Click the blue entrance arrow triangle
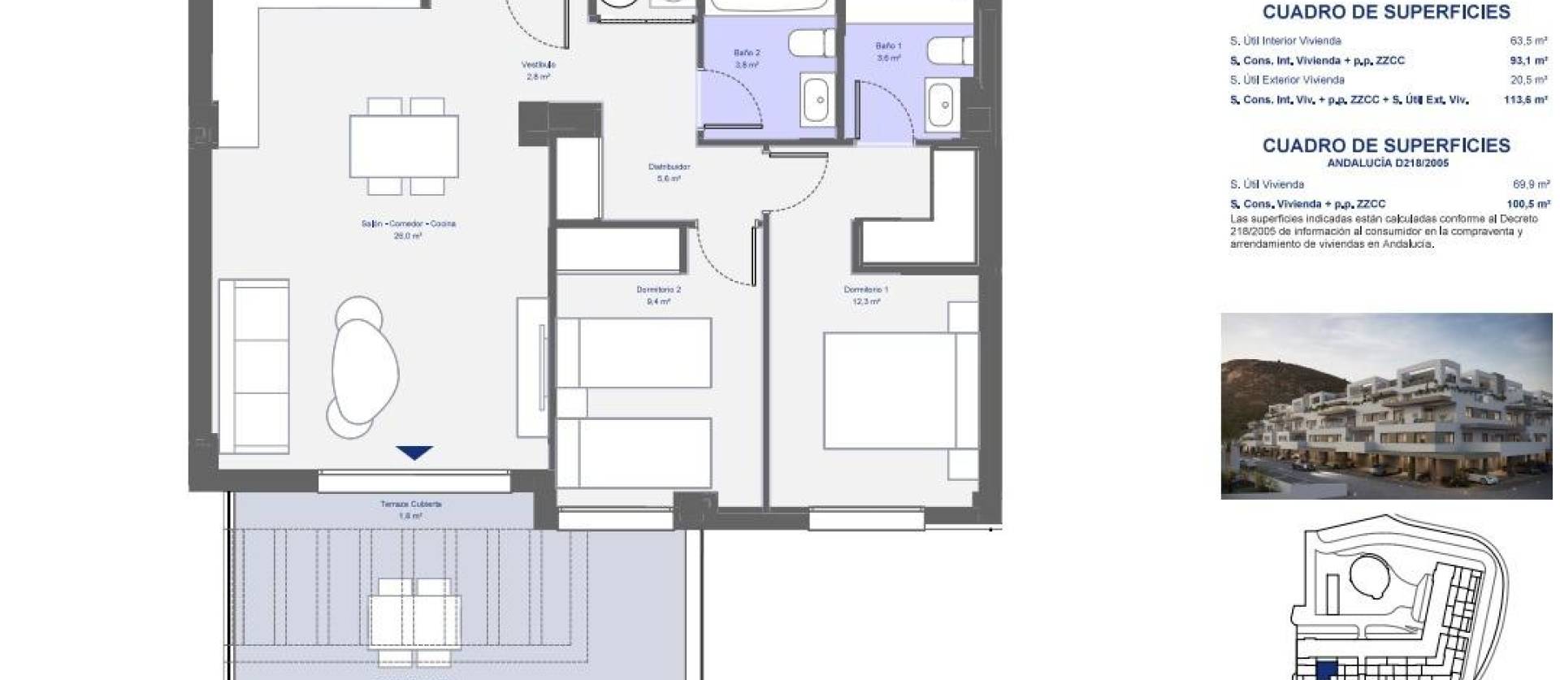(x=414, y=453)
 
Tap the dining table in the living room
(x=404, y=146)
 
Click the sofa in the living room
(x=253, y=366)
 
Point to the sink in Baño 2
(x=818, y=101)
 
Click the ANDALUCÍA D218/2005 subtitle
(x=1387, y=163)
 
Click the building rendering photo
(x=1386, y=405)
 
